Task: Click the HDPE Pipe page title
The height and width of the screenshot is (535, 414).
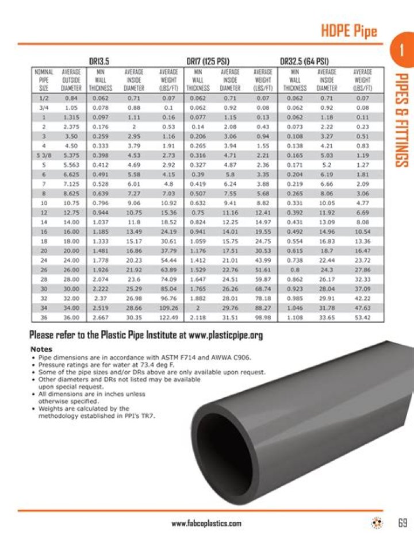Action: (348, 30)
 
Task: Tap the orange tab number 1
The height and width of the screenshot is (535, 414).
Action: (398, 50)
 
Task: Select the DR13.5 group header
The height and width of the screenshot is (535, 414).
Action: (99, 61)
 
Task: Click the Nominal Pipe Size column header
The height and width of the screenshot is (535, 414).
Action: (44, 80)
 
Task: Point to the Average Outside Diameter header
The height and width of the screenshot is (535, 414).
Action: (71, 80)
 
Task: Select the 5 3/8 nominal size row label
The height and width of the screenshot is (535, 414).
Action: (44, 155)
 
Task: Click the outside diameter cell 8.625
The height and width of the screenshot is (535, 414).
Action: (71, 194)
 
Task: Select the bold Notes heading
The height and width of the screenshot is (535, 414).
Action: (41, 349)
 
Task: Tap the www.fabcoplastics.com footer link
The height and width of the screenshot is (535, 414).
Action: (206, 523)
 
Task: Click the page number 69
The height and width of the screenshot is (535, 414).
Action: (402, 522)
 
